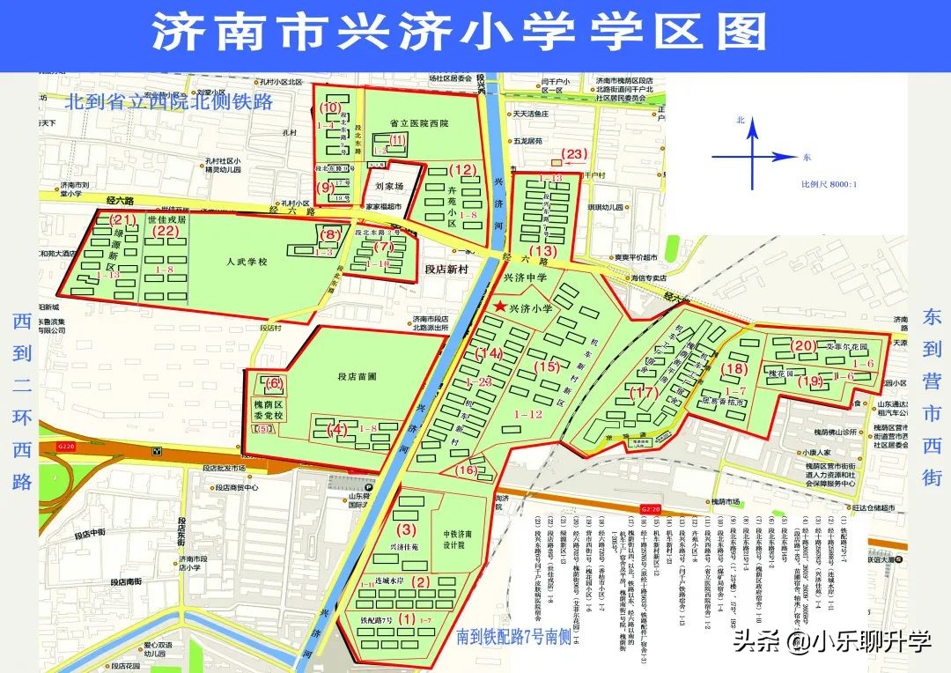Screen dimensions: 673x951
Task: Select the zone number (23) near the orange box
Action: click(x=574, y=154)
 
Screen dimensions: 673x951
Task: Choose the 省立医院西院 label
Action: click(x=418, y=123)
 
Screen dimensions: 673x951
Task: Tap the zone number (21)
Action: click(x=121, y=219)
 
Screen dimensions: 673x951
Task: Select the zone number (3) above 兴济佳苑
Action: click(x=406, y=530)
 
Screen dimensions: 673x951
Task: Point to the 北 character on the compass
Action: click(x=741, y=120)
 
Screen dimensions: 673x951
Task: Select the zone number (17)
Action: click(x=646, y=393)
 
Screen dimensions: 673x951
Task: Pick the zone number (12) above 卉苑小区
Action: click(x=461, y=169)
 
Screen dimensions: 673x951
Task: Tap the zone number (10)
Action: click(x=331, y=108)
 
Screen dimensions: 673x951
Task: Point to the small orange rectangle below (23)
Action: click(x=557, y=163)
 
